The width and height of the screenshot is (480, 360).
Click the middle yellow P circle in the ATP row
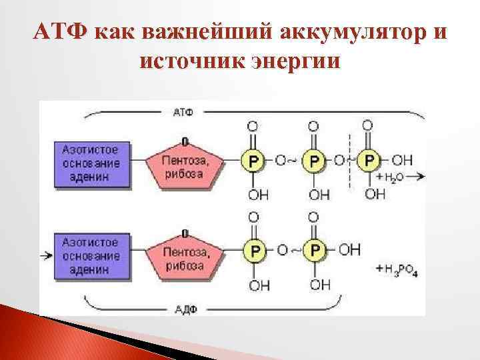(x=313, y=160)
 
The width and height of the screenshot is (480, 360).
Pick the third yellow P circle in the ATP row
(x=368, y=160)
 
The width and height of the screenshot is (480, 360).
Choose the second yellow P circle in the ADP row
(x=313, y=250)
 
